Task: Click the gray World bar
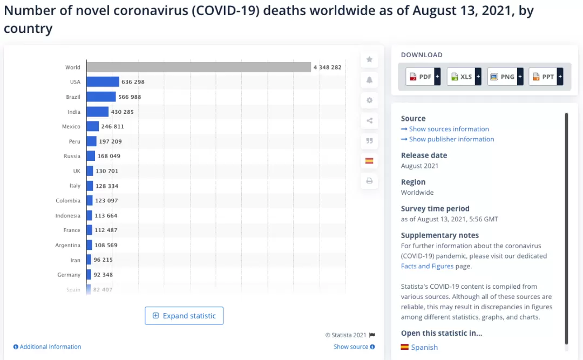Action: click(199, 67)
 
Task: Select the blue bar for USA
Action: click(103, 82)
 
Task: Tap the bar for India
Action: click(97, 112)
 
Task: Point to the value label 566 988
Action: click(130, 97)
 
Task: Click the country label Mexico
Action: click(71, 126)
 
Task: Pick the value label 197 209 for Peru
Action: click(111, 141)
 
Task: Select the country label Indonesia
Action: click(67, 215)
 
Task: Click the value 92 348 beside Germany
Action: click(103, 275)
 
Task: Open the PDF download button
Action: click(423, 77)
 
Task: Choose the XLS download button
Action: click(464, 77)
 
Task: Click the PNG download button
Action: click(505, 77)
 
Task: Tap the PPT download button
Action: click(546, 77)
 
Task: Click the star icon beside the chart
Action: click(369, 59)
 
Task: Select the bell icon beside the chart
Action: click(369, 80)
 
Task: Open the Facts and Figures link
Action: click(427, 266)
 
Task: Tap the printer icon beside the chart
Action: click(369, 181)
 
